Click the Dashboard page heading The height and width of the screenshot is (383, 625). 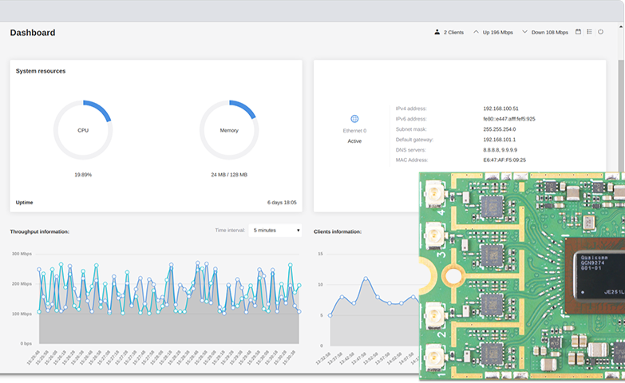[x=33, y=33]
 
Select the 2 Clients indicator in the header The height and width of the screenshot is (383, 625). [x=449, y=33]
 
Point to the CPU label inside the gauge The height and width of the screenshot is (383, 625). [x=83, y=130]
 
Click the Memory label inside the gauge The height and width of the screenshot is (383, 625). [x=229, y=130]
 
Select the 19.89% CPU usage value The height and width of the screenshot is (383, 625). [x=83, y=174]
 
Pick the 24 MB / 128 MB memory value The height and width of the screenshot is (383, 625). [x=229, y=174]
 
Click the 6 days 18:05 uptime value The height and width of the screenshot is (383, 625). [x=282, y=203]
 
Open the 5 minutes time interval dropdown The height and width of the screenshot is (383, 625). [x=275, y=231]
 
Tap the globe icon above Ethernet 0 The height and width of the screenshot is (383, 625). [x=354, y=119]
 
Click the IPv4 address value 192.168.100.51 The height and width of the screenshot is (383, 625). [x=500, y=109]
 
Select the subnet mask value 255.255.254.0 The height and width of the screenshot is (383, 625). [x=499, y=129]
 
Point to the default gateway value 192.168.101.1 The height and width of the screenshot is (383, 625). [x=499, y=140]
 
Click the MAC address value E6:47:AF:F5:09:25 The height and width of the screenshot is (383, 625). [x=504, y=160]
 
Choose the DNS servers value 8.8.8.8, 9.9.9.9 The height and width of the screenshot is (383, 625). [x=500, y=150]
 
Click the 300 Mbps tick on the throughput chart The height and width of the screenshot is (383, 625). [x=22, y=254]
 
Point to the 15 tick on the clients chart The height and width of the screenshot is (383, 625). [x=320, y=254]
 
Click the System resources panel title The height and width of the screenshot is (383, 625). [x=41, y=71]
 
